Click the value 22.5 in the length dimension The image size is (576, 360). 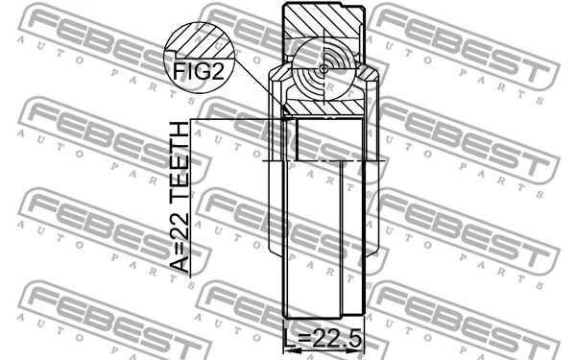333,337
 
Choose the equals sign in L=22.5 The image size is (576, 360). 305,337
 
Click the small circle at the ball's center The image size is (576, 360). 322,68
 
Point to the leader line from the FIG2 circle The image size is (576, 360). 259,91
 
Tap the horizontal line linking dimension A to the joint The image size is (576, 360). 240,119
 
